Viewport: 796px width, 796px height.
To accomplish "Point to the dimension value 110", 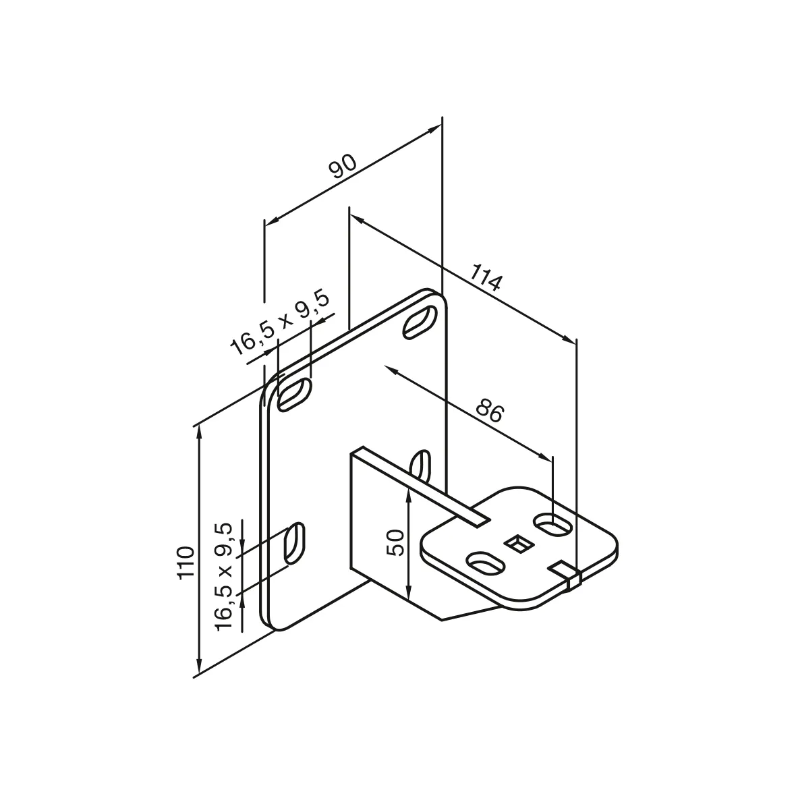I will (x=186, y=561).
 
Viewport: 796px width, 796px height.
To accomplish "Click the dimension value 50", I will (x=397, y=542).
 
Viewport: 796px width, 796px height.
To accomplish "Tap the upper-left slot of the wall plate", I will (x=295, y=393).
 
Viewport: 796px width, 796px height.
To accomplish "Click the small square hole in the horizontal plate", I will (x=518, y=543).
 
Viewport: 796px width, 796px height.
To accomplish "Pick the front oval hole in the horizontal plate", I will (x=486, y=564).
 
